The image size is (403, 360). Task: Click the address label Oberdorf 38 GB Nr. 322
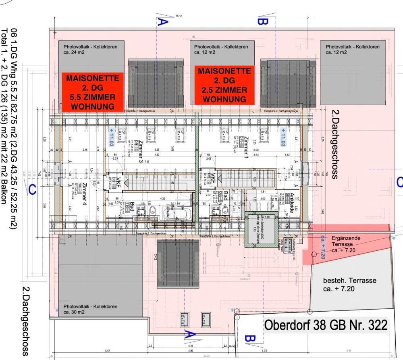325,325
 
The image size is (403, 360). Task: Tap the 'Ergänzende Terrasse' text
346,241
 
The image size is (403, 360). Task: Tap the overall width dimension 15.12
178,16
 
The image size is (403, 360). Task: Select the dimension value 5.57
107,351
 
